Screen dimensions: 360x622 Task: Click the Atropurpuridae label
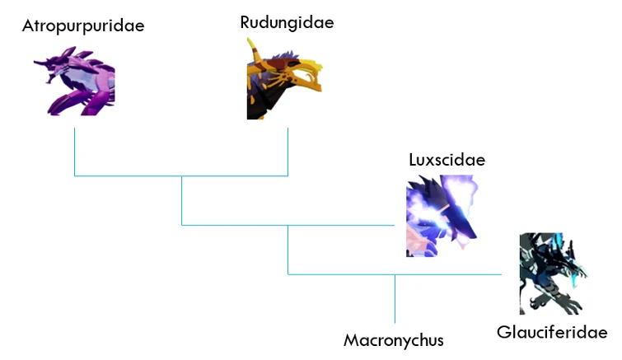(x=82, y=26)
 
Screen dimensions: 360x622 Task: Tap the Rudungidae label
(x=287, y=22)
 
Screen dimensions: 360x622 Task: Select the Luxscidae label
(x=447, y=159)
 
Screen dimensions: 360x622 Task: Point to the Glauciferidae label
(x=552, y=332)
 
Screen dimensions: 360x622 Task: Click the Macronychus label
(x=394, y=339)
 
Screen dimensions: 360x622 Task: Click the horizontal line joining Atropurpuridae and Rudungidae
(x=181, y=175)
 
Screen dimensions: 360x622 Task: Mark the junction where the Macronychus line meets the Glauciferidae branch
(x=395, y=274)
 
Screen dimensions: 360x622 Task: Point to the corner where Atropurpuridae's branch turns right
(x=74, y=175)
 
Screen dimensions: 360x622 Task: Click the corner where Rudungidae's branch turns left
(x=288, y=175)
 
